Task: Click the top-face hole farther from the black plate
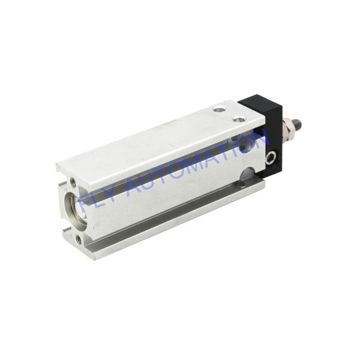click(x=218, y=110)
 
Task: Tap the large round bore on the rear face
click(x=75, y=210)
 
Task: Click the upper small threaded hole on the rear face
click(x=73, y=182)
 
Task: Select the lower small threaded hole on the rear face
click(x=79, y=240)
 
